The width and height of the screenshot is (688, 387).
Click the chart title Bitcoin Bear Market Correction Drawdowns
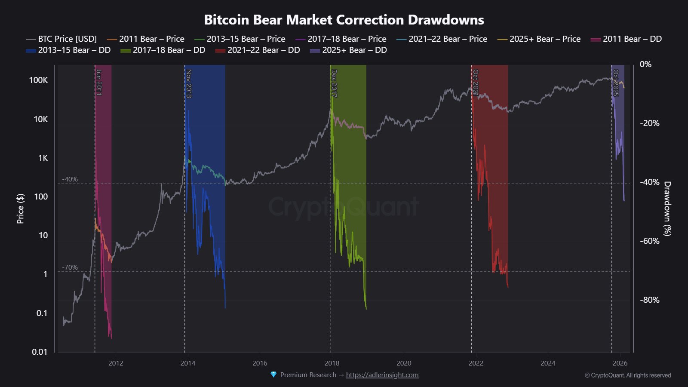click(x=344, y=20)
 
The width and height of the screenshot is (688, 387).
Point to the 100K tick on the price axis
click(x=38, y=80)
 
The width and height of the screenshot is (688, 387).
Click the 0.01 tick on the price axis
click(x=40, y=352)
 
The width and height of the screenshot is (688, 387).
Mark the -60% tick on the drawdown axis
click(x=649, y=241)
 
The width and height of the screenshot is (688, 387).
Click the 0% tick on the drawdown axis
click(x=645, y=64)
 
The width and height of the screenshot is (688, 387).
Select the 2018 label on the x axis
click(x=332, y=363)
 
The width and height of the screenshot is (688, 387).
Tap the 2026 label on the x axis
click(x=620, y=363)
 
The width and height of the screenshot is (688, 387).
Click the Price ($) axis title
click(x=20, y=209)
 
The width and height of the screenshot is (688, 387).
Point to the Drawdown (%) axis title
click(x=667, y=209)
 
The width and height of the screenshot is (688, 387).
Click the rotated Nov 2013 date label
click(x=188, y=84)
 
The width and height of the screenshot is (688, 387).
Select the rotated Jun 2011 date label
click(x=98, y=82)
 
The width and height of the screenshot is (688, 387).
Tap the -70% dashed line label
click(x=70, y=267)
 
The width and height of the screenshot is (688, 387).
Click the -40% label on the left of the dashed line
click(x=70, y=179)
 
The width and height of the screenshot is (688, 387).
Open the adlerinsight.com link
click(x=382, y=375)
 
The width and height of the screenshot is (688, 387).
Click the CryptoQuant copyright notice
click(x=627, y=375)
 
